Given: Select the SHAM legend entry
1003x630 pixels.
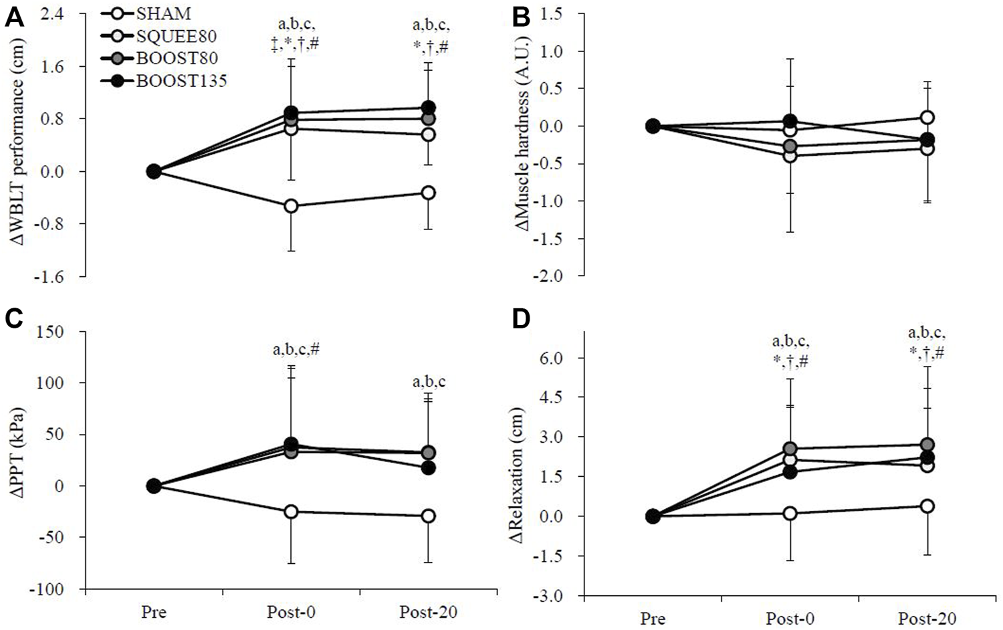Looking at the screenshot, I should pyautogui.click(x=162, y=13).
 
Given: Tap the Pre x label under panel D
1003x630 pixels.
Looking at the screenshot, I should pyautogui.click(x=653, y=619).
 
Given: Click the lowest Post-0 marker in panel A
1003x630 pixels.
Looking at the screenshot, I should pyautogui.click(x=290, y=206).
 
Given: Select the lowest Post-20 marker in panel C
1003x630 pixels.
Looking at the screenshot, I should pyautogui.click(x=428, y=516).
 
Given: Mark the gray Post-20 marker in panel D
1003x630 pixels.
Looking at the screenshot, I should pyautogui.click(x=927, y=445).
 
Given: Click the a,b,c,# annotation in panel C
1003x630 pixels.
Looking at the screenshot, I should pyautogui.click(x=296, y=349).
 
